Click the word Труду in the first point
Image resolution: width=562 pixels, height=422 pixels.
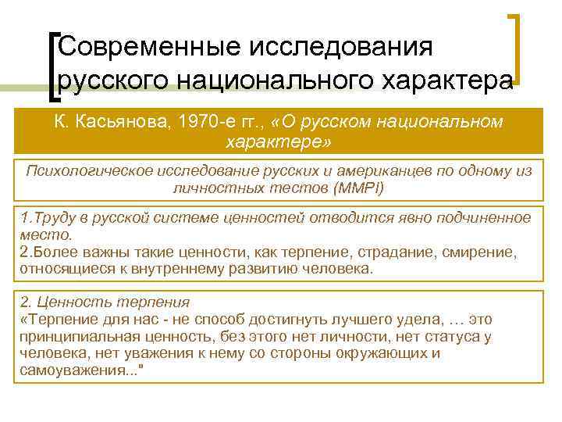48,217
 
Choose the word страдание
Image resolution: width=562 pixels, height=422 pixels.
387,252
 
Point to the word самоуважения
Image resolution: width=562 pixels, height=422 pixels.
65,370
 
